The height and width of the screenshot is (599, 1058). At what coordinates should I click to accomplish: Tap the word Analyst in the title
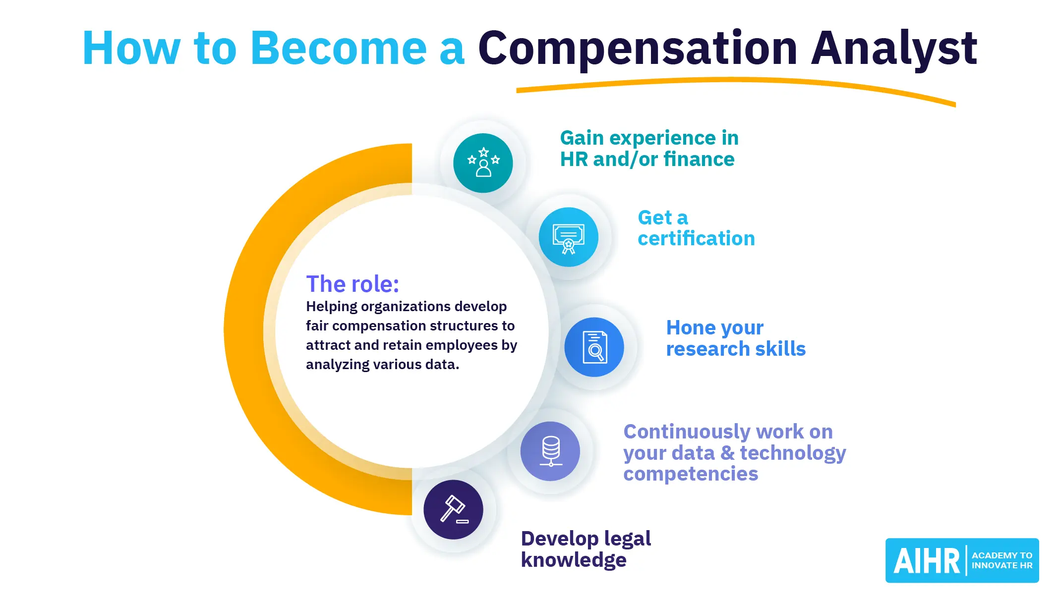[894, 49]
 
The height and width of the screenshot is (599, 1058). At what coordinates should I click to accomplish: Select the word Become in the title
[339, 48]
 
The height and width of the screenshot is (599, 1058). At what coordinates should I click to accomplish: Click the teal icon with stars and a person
[483, 163]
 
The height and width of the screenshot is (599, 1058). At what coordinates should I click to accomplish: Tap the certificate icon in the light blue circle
[569, 237]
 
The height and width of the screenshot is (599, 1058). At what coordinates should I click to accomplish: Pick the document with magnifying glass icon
[594, 347]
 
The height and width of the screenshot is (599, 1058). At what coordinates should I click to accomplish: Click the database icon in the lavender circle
[550, 451]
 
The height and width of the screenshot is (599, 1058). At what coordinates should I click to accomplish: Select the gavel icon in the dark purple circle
[453, 510]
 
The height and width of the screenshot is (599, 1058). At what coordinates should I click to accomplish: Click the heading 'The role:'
[353, 284]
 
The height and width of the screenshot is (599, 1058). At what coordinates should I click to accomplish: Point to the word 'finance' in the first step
[699, 159]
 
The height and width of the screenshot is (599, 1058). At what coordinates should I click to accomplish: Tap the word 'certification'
[696, 238]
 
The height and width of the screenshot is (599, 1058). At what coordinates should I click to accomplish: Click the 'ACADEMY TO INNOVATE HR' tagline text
[1002, 560]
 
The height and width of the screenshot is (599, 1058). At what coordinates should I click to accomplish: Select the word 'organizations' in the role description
[406, 307]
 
